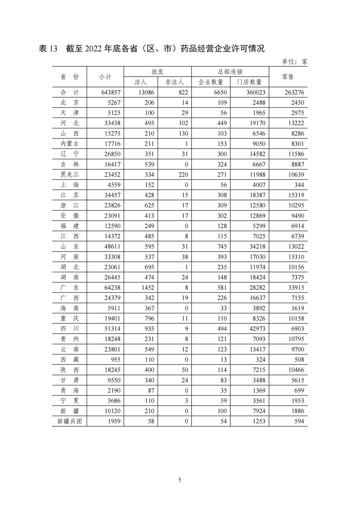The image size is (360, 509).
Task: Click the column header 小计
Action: coord(105,77)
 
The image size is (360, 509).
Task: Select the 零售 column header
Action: coord(288,77)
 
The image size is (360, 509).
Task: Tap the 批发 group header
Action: coord(157,72)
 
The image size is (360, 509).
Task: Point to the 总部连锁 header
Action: coord(230,72)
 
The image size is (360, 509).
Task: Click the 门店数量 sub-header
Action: coord(249,82)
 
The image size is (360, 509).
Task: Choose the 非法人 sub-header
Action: coord(175,82)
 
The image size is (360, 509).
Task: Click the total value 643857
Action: coord(111,92)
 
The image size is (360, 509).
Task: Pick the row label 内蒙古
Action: coord(70,144)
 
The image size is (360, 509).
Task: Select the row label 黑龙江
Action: coord(70,175)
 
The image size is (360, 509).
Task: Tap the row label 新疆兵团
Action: coord(70,421)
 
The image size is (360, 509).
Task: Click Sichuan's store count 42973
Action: coord(257,329)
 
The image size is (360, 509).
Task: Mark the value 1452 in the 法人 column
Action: coord(148,288)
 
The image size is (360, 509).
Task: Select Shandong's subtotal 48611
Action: coord(112,247)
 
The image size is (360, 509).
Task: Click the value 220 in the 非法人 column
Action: coord(183,175)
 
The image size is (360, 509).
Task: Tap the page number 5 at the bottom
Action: coord(180,480)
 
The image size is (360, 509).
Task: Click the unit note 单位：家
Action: coord(295,62)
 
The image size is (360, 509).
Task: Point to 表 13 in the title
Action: coord(48,49)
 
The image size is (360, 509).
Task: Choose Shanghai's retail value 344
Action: coord(299,185)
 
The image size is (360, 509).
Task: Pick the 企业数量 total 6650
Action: coord(220,92)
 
